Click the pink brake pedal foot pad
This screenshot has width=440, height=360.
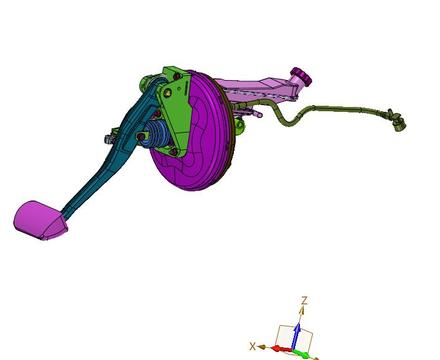pyautogui.click(x=39, y=220)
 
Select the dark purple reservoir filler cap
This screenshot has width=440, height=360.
pyautogui.click(x=302, y=76)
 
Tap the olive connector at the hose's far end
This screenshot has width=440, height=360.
pyautogui.click(x=398, y=121)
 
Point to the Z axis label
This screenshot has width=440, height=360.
pyautogui.click(x=304, y=301)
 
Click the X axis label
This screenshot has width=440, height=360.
pyautogui.click(x=253, y=346)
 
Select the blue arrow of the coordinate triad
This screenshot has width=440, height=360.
pyautogui.click(x=297, y=336)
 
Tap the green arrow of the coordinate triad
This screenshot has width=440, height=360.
pyautogui.click(x=304, y=354)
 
